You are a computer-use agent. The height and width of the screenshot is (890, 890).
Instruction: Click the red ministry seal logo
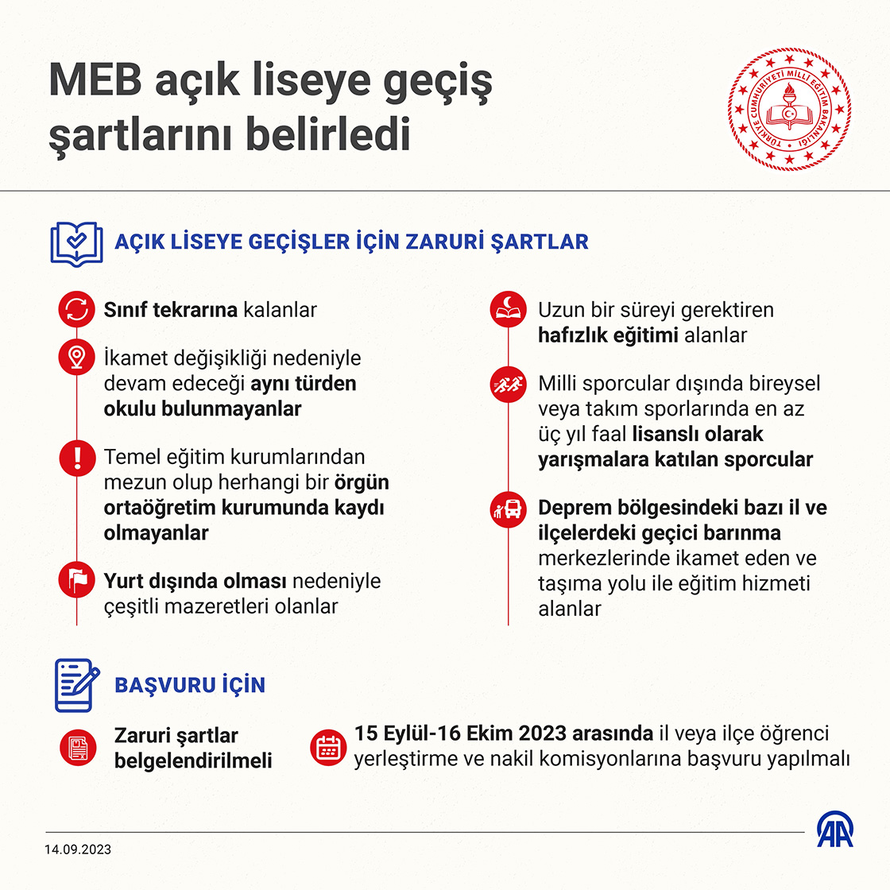point(789,109)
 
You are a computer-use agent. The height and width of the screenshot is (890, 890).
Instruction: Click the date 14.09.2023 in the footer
point(78,849)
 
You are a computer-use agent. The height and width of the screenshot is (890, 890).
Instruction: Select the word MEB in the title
point(95,81)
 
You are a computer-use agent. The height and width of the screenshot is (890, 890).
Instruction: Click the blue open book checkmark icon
point(76,243)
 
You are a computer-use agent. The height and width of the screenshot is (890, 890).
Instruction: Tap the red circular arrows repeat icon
point(77,310)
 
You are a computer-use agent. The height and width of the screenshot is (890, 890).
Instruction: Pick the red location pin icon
point(77,358)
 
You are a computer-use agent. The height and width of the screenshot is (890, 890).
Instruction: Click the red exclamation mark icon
point(77,457)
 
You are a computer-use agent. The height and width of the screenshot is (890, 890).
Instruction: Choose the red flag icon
point(77,581)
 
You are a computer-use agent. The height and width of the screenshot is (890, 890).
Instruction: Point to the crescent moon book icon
point(509,309)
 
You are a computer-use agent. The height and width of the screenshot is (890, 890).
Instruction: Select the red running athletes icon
point(509,384)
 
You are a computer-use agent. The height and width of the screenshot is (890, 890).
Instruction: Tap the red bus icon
point(509,508)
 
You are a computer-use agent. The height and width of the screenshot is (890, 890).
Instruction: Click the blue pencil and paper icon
point(76,684)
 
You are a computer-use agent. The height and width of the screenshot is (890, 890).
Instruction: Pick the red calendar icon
point(328,747)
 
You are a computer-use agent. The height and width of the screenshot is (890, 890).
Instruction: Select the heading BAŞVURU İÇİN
point(190,685)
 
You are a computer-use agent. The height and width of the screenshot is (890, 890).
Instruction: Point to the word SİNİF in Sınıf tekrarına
point(126,310)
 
